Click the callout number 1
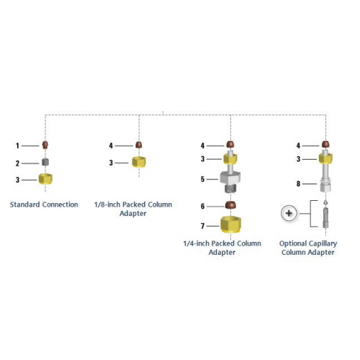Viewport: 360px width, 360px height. (17, 145)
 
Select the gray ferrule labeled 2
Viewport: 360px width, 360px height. (45, 162)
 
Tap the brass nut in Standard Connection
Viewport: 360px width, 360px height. (45, 179)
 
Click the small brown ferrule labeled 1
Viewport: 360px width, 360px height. (45, 145)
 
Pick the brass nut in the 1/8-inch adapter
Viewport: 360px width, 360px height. (139, 162)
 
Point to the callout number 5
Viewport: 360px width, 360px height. (203, 179)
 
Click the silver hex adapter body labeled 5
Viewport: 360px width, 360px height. (230, 182)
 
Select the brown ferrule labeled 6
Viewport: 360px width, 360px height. (230, 205)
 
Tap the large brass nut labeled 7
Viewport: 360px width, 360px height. (230, 225)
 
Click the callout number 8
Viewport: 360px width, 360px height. (298, 184)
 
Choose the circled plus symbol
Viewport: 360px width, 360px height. (289, 213)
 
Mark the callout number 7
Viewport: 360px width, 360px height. (203, 226)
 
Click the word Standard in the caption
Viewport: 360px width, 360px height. (25, 204)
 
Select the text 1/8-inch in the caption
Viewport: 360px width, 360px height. (107, 204)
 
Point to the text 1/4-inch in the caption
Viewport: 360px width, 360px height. (197, 243)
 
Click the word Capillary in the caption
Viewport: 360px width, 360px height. (324, 243)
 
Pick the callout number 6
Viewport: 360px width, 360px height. (203, 207)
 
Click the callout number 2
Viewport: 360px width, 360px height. (17, 163)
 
